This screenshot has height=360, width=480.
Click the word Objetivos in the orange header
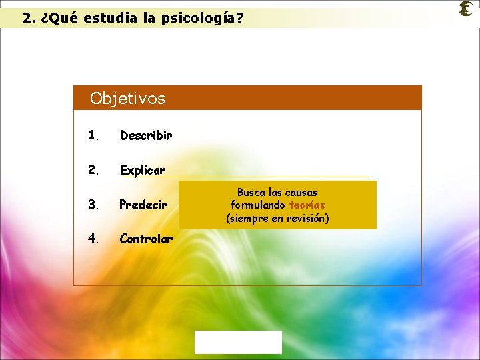coord(127,99)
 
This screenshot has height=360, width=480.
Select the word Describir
coord(146,135)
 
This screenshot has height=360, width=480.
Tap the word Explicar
coord(143,170)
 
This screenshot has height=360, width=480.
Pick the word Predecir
coord(143,205)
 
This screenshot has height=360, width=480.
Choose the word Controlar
coord(146,239)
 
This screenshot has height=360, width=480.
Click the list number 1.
coord(93,135)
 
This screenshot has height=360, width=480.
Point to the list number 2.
coord(93,170)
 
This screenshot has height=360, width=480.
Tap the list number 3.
coord(93,205)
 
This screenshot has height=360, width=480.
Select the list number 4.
coord(93,239)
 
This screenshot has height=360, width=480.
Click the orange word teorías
coord(307,205)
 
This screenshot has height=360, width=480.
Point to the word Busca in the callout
coord(251,192)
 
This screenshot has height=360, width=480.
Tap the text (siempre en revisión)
coord(277,218)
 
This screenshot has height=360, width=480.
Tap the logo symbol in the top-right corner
coord(466,9)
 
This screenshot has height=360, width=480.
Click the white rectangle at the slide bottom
coord(238,342)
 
